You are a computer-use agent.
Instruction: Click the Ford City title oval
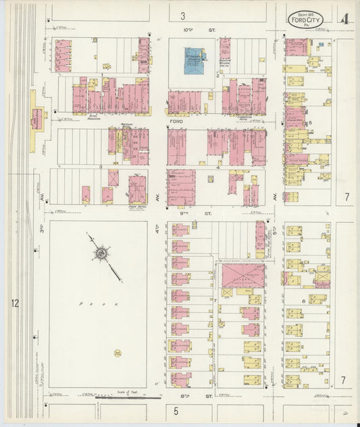pos(305,19)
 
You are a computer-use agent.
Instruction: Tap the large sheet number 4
pos(344,19)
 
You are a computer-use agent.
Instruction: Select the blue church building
pos(197,60)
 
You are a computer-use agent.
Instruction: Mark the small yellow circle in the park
pos(118,353)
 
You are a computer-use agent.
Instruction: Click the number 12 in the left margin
pos(15,303)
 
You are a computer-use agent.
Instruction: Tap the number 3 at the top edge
pos(182,15)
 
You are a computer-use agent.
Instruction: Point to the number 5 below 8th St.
pos(176,410)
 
